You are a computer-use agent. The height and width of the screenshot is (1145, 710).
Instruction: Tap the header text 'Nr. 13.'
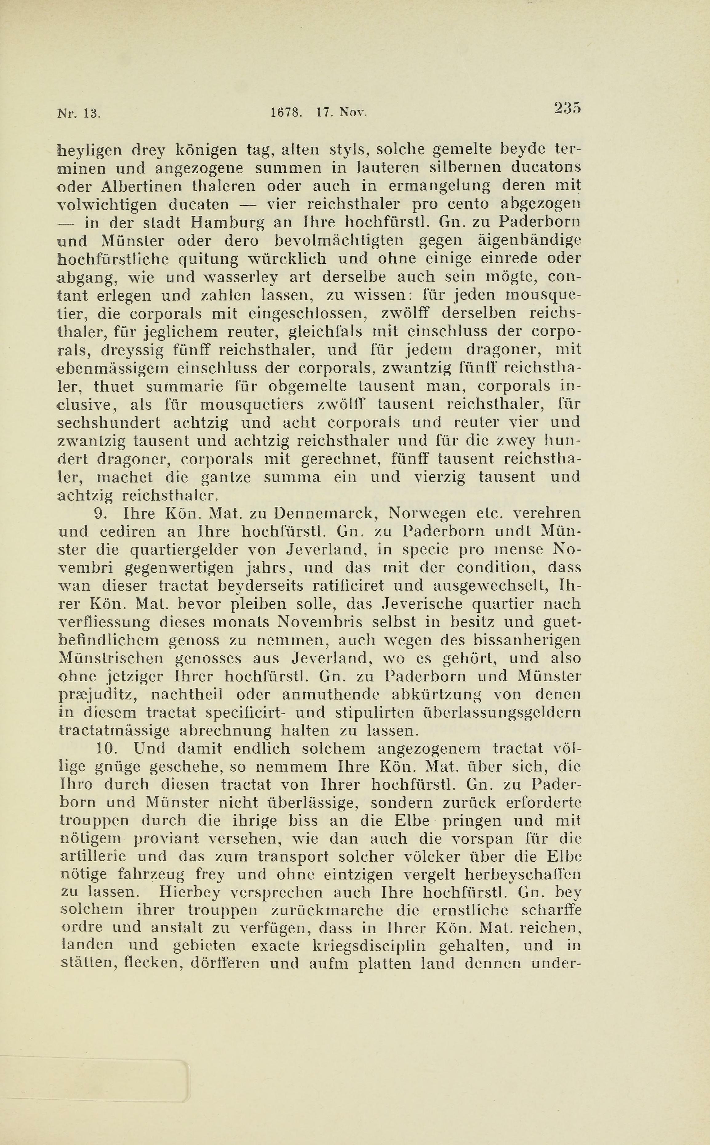point(78,113)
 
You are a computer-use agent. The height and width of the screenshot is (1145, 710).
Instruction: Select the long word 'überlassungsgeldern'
point(502,712)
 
